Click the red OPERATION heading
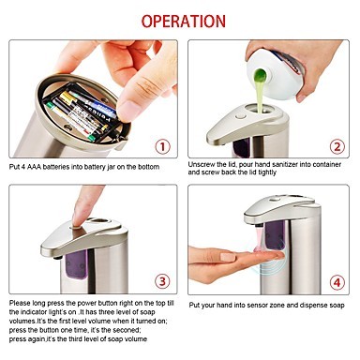tap(184, 22)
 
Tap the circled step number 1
tap(162, 146)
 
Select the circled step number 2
tap(337, 146)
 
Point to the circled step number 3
tap(162, 281)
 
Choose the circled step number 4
tap(337, 283)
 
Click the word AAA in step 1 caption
tap(34, 167)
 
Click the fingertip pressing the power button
tap(78, 219)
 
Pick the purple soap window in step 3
tap(76, 264)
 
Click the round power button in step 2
tap(241, 116)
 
